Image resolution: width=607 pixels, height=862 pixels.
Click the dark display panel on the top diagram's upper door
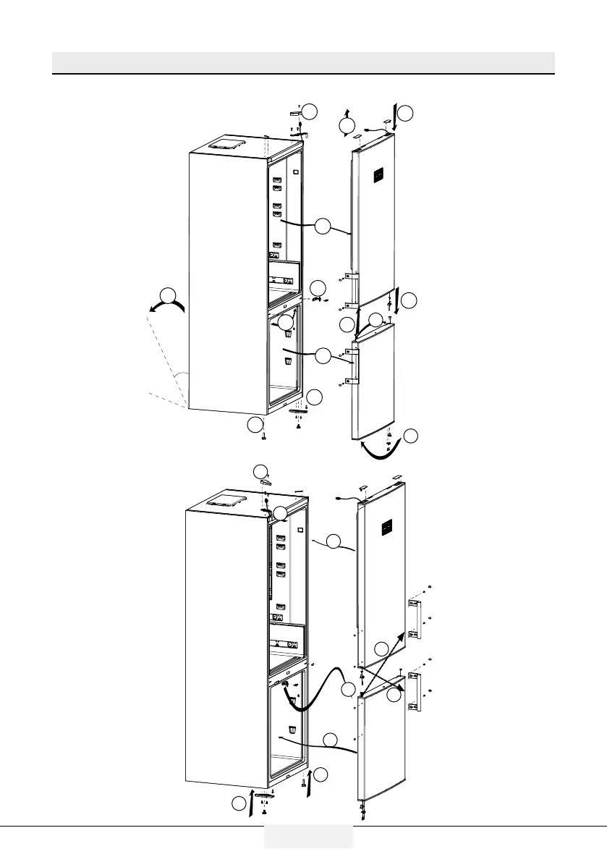tap(378, 175)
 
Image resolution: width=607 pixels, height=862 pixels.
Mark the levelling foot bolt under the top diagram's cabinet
tap(265, 436)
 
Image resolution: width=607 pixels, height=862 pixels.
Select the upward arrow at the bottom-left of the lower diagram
tap(251, 803)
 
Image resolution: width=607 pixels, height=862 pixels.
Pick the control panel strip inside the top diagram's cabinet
tap(284, 276)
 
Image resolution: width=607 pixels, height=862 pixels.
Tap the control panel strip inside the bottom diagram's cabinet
tap(284, 643)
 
